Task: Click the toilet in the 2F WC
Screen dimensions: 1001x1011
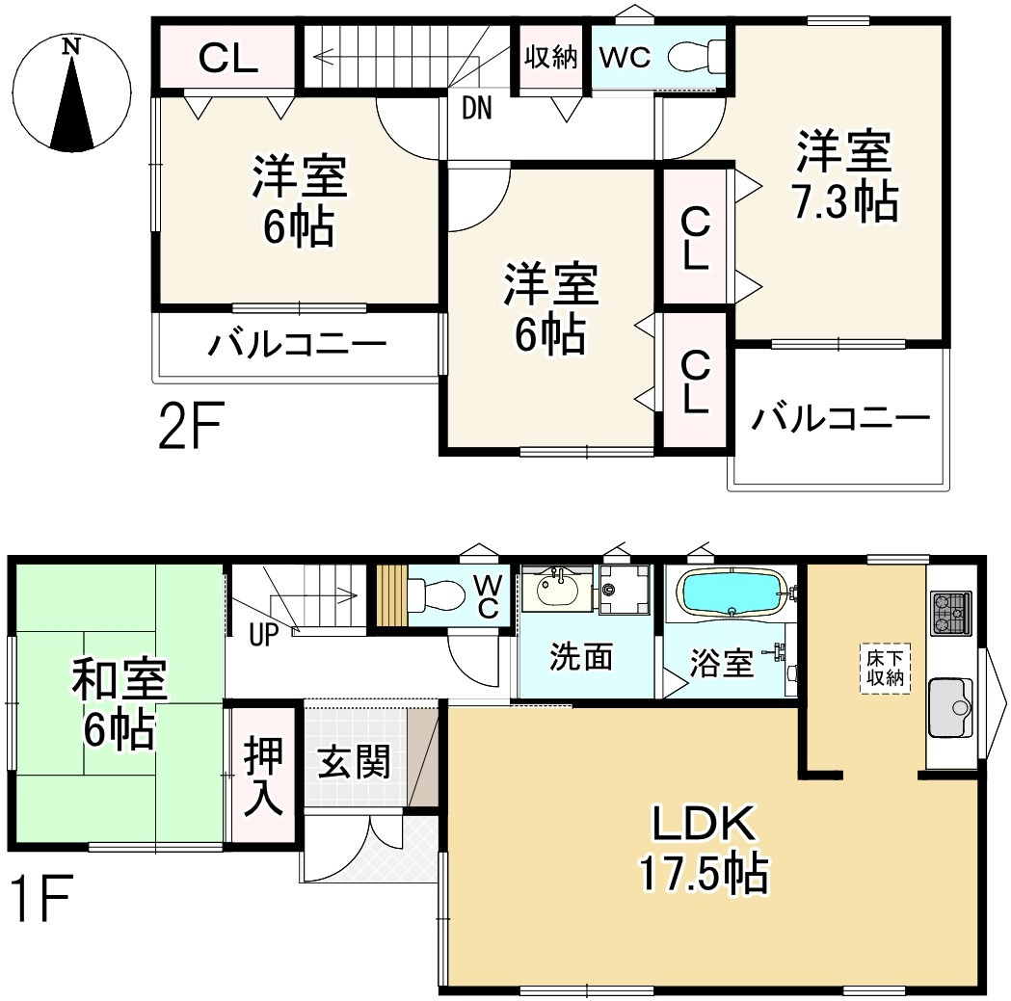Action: point(695,55)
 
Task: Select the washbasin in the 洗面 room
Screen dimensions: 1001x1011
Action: point(556,589)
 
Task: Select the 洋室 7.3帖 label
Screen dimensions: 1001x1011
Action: point(843,176)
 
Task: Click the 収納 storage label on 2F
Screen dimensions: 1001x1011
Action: point(551,57)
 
